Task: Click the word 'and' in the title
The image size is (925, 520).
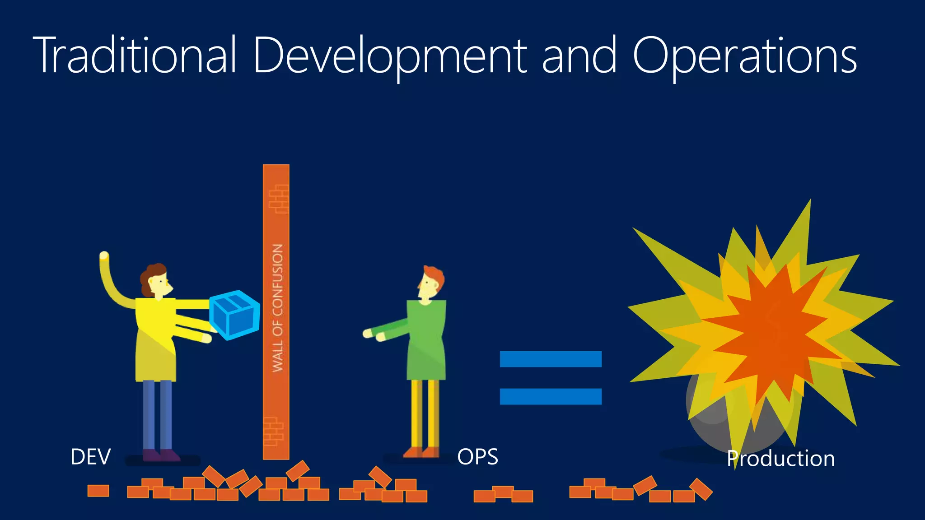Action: coord(579,56)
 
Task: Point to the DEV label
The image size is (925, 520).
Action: coord(90,457)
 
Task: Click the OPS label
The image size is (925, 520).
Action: coord(477,457)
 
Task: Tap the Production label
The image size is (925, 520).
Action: coord(780,459)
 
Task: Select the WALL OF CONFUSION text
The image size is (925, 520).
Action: coord(277,308)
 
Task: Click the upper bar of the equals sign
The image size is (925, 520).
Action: coord(551,359)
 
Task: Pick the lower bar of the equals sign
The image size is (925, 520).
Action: coord(551,396)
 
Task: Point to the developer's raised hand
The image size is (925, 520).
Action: coord(104,256)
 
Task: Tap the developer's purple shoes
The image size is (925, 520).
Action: coord(161,455)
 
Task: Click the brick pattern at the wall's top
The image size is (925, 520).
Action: coord(279,199)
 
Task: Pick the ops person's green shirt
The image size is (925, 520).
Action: coord(426,339)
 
